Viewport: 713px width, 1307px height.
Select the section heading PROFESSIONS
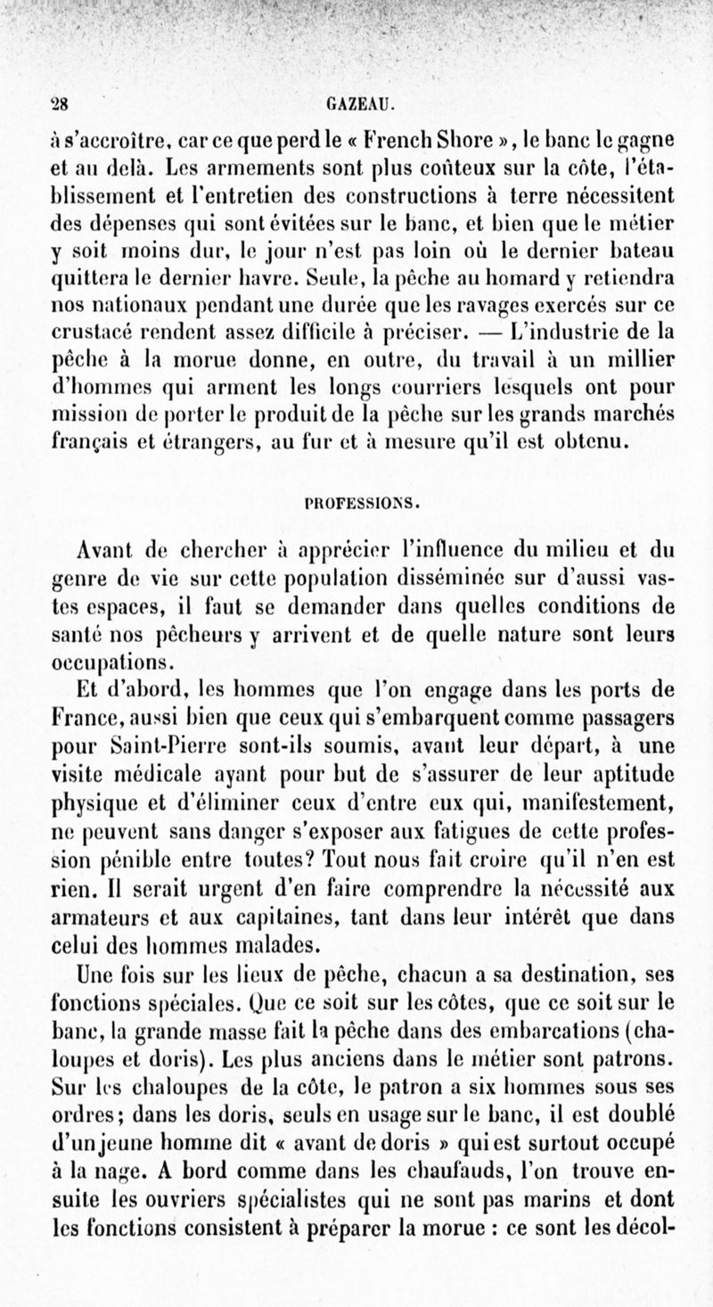pos(356,501)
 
